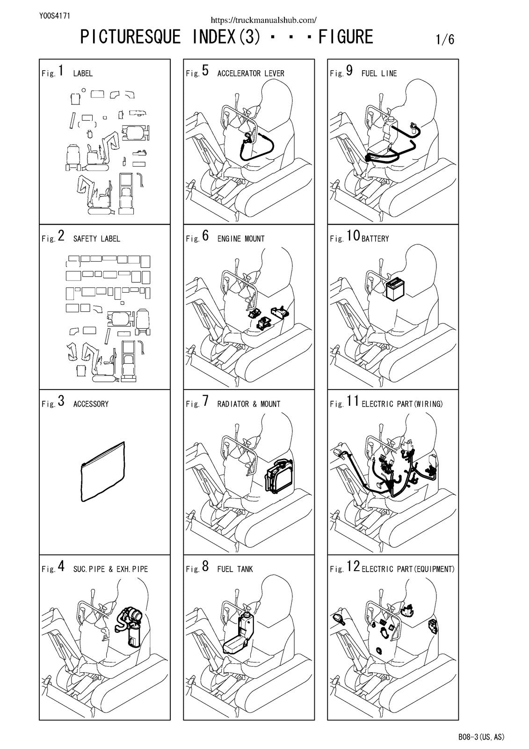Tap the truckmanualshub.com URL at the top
(x=264, y=20)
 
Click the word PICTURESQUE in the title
(x=130, y=37)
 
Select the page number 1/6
(x=445, y=39)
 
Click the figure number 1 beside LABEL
(x=61, y=71)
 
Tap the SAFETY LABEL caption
(x=96, y=239)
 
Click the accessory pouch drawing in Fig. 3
(x=103, y=472)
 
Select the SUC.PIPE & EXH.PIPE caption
(x=110, y=569)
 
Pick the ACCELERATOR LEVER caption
(x=251, y=73)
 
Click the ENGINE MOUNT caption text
(x=241, y=239)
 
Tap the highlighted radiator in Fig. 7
(x=278, y=475)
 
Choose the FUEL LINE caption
(x=379, y=73)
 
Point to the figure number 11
(x=353, y=401)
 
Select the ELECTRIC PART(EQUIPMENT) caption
(x=408, y=569)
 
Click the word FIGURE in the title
(x=346, y=37)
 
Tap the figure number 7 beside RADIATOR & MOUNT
(x=205, y=401)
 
